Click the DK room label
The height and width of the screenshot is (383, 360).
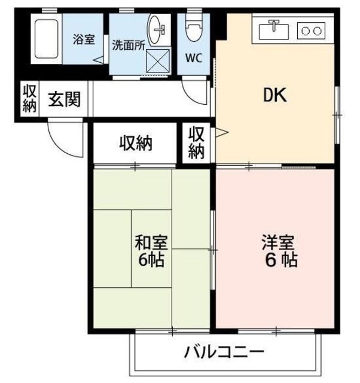[276, 95]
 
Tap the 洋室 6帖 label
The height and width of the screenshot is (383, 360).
[279, 251]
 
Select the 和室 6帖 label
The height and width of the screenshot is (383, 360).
[150, 251]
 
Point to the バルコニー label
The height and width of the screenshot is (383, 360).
[224, 351]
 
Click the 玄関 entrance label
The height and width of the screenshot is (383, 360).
[64, 99]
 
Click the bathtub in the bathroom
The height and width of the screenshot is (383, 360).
[47, 40]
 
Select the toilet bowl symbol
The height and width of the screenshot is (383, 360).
[193, 28]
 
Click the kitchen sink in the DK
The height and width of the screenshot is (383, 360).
[274, 29]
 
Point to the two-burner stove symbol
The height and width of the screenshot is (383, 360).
[311, 29]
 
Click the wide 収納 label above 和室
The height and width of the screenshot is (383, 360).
[136, 144]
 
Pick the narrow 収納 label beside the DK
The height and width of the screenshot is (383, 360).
[196, 142]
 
